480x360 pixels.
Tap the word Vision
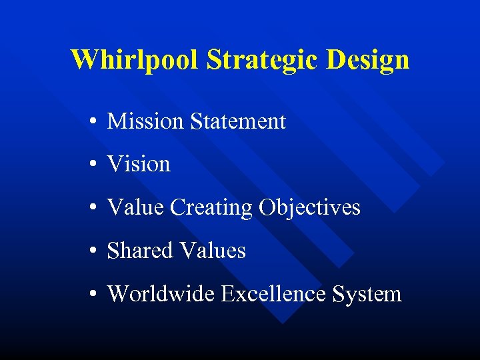139,164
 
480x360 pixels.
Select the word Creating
211,208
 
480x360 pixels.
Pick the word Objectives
310,208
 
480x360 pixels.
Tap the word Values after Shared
212,251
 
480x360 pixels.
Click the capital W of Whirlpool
83,59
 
